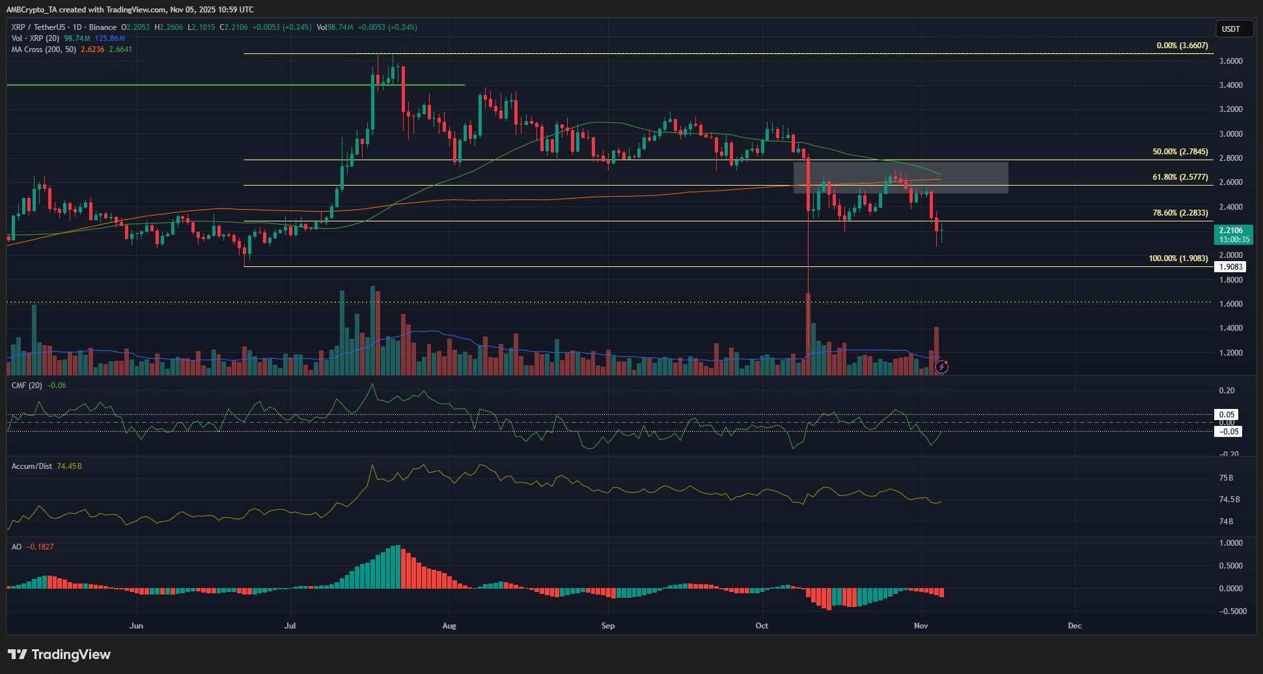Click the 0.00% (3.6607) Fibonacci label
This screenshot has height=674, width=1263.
pos(1182,46)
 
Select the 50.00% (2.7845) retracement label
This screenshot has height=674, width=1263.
pos(1180,152)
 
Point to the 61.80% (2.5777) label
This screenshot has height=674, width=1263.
pos(1180,177)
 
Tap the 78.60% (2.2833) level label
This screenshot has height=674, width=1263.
pos(1180,213)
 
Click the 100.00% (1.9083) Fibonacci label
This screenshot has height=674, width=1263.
pos(1178,259)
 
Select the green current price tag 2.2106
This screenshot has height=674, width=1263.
pos(1233,234)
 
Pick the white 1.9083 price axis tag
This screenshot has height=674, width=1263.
pos(1230,267)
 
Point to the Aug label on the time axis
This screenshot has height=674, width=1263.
pos(449,626)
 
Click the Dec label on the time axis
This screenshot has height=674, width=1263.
pos(1074,626)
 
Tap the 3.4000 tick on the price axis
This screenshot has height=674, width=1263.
pos(1230,85)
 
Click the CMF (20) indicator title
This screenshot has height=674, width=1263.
pos(27,386)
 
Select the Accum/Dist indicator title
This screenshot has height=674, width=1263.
pos(32,466)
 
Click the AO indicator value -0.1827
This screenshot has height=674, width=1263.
pos(40,547)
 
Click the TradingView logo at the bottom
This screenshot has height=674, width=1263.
pos(59,654)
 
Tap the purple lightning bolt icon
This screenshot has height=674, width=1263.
pos(941,367)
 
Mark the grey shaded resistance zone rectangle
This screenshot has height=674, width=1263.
pos(900,178)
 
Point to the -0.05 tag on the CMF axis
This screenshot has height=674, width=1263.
pos(1228,432)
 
